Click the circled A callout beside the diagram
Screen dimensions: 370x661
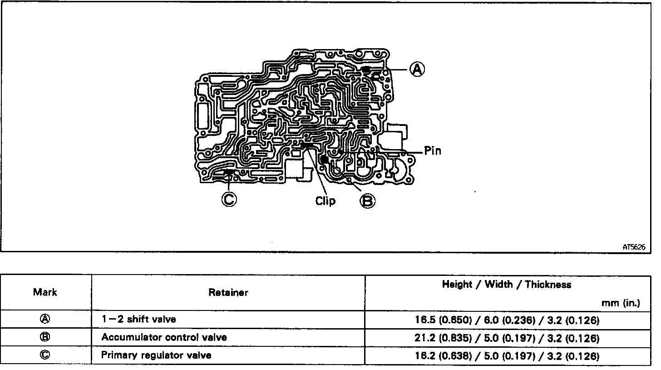point(417,70)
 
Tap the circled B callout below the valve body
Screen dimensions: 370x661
point(368,200)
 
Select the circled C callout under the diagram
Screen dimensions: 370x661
point(229,199)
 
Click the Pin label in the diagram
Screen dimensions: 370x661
point(433,151)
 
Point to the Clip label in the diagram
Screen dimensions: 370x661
point(325,200)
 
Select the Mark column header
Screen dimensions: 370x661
point(45,292)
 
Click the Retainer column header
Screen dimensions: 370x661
point(228,292)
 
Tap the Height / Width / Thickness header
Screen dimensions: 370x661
point(506,285)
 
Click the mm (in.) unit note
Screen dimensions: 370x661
point(622,303)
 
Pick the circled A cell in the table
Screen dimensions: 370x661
point(45,319)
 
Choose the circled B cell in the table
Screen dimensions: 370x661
point(45,337)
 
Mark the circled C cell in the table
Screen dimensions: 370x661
point(45,355)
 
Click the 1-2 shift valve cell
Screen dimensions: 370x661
point(138,319)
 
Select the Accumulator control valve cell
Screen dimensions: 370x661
point(164,337)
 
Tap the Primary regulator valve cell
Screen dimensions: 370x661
point(156,355)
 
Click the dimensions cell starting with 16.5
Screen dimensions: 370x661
point(506,320)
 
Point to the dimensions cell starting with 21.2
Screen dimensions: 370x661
point(506,338)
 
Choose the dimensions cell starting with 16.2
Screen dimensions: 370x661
point(506,356)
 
